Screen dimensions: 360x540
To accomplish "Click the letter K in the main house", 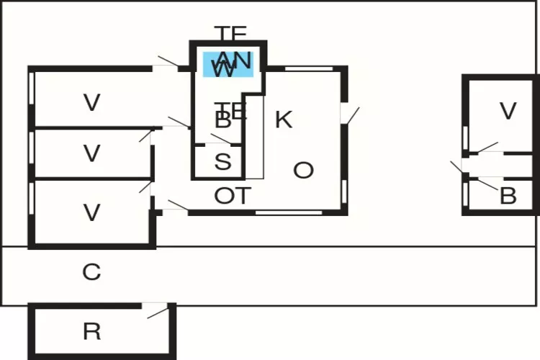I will (x=284, y=120).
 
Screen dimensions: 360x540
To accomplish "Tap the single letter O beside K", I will (x=304, y=171).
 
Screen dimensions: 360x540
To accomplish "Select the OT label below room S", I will (x=233, y=195).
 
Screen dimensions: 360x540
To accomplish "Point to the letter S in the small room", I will (x=222, y=162).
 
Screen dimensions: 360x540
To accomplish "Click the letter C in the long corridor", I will (x=91, y=272).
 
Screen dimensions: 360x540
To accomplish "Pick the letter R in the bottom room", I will (x=91, y=332).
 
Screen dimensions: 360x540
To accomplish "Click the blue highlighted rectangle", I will (x=228, y=64).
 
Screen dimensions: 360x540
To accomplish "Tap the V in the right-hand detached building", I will (x=508, y=111).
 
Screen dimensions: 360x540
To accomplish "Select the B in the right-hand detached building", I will (x=508, y=196).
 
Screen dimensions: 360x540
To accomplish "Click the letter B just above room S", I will (x=222, y=121).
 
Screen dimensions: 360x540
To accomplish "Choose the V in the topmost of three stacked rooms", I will (x=91, y=103).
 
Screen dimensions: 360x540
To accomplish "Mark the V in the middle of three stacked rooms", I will (x=91, y=153).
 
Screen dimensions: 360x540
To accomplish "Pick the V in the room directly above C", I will (x=91, y=212).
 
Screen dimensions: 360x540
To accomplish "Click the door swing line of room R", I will (x=158, y=311).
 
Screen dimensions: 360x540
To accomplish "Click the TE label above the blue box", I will (x=231, y=33).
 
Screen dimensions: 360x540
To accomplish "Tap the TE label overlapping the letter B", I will (x=233, y=110).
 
